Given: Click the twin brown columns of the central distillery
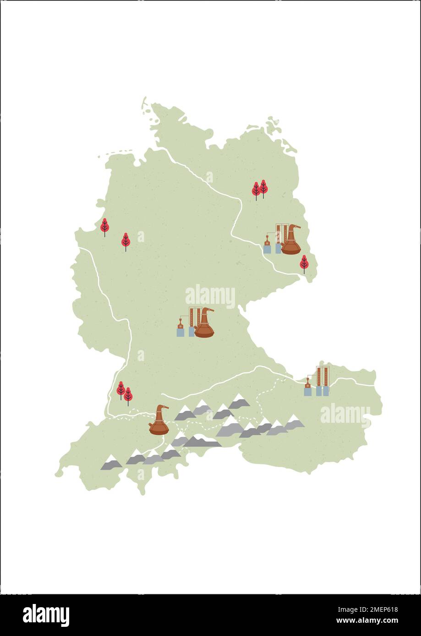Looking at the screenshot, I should click(x=193, y=317).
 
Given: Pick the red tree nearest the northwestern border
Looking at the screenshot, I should click(x=104, y=226).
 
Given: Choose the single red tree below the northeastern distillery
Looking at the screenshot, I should click(x=304, y=264).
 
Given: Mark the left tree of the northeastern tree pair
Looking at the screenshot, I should click(x=256, y=190).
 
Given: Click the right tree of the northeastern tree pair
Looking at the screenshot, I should click(x=263, y=188).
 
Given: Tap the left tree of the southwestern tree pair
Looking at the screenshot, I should click(x=121, y=389).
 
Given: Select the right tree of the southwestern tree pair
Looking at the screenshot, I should click(x=128, y=395).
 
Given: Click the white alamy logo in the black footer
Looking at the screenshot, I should click(x=46, y=615).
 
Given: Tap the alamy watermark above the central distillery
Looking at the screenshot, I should click(x=210, y=296).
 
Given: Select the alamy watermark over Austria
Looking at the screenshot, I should click(x=345, y=415).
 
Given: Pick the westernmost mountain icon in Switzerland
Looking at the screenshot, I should click(x=111, y=463).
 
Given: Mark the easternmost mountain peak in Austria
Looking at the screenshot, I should click(x=294, y=422).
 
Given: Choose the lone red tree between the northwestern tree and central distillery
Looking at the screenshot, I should click(x=126, y=241).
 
